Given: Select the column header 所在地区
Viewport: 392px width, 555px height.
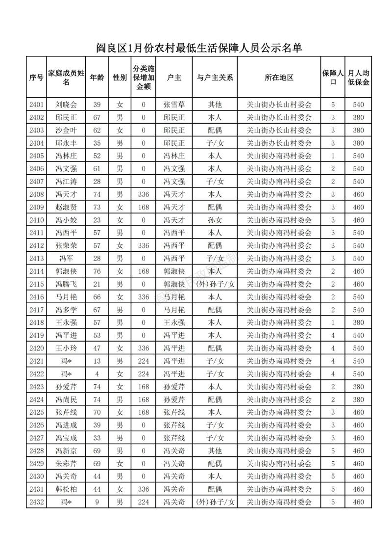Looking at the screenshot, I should coord(279,78).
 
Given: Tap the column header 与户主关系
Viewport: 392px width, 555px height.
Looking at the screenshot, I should coord(215,78).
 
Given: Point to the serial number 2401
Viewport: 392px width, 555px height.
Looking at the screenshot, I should coord(37,105).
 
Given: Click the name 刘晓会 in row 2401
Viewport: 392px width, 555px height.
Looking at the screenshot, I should coord(66,105).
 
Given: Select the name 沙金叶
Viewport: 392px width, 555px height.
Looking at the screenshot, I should coord(66,130).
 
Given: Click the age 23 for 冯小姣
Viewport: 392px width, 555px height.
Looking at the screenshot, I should coord(97,220).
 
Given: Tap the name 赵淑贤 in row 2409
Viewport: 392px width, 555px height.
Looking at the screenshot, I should coord(66,207).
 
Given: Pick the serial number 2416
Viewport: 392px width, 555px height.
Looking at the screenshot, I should coord(37,297).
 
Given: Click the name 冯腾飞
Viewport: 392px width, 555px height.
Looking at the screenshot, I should coord(66,284).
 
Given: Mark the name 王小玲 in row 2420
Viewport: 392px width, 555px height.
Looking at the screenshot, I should coord(66,348).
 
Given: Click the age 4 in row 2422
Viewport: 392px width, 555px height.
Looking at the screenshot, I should coord(97,374).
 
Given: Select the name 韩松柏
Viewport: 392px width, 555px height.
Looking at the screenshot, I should coord(66,489).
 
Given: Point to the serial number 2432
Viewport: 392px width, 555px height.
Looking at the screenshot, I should coord(37,502).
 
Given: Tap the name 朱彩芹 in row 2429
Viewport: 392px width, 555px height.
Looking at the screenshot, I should coord(66,464).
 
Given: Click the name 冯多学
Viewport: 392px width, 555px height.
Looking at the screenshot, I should coord(66,310).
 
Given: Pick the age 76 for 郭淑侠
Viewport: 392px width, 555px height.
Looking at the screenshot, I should coord(97,271).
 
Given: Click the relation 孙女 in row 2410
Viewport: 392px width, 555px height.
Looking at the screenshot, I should coord(215,220).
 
